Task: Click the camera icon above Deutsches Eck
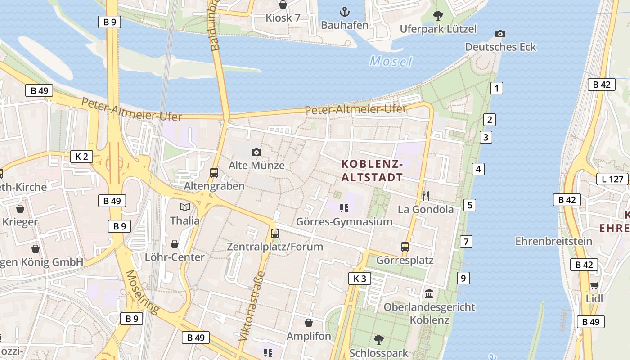pyautogui.click(x=500, y=34)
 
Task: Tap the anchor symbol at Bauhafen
pyautogui.click(x=344, y=12)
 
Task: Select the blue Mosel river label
pyautogui.click(x=391, y=61)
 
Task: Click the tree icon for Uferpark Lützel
pyautogui.click(x=438, y=16)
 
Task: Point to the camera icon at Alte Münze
pyautogui.click(x=256, y=153)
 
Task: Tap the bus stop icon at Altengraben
pyautogui.click(x=214, y=173)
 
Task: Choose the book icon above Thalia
pyautogui.click(x=185, y=207)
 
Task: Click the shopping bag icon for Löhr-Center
pyautogui.click(x=175, y=244)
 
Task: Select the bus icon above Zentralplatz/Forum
pyautogui.click(x=274, y=234)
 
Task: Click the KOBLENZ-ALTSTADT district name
pyautogui.click(x=372, y=170)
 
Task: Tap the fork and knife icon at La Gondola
pyautogui.click(x=426, y=196)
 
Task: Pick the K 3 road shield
pyautogui.click(x=360, y=279)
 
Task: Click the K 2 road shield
pyautogui.click(x=81, y=157)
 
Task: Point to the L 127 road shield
pyautogui.click(x=612, y=179)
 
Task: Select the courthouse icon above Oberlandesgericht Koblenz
pyautogui.click(x=429, y=293)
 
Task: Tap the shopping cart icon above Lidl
pyautogui.click(x=594, y=285)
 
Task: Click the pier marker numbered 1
pyautogui.click(x=496, y=88)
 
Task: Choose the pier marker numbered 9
pyautogui.click(x=463, y=278)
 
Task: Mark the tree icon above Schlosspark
pyautogui.click(x=378, y=339)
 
